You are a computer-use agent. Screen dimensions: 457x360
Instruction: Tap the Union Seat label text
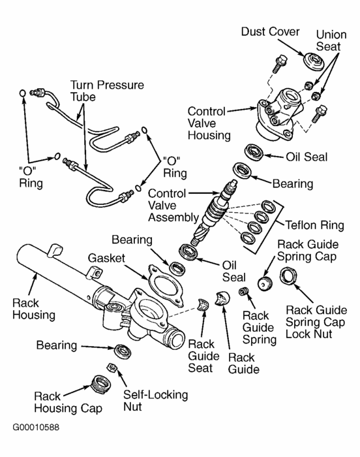tap(330, 40)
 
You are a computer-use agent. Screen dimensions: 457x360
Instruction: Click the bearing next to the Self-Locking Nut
tap(121, 350)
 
